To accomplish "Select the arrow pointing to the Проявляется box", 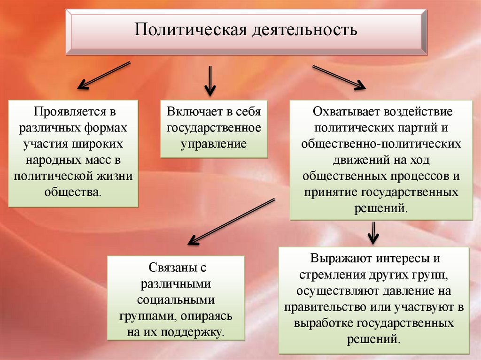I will point(103,75).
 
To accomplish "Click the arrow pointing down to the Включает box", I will point(209,80).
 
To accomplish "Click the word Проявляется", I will point(68,113).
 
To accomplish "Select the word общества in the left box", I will point(72,192).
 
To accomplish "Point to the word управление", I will point(214,144).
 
